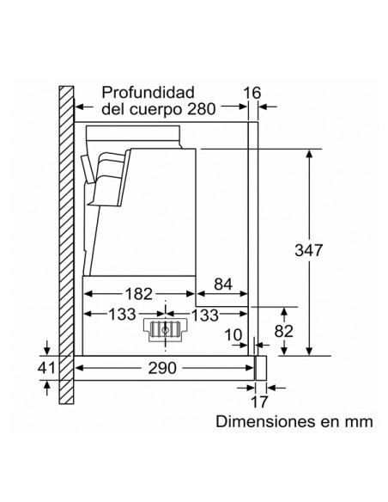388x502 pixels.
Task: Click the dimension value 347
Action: (x=308, y=250)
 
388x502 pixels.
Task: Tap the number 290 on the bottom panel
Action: (x=162, y=368)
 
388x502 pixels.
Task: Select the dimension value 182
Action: (x=138, y=294)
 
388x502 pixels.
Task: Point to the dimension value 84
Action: (x=223, y=284)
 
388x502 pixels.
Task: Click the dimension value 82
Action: (x=283, y=331)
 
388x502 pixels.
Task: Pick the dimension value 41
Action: (x=46, y=368)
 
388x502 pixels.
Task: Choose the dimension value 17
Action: (x=259, y=402)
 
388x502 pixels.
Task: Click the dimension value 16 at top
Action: (x=252, y=93)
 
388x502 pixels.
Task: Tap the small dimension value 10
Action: (x=233, y=335)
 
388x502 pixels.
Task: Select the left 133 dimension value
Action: (x=123, y=315)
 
